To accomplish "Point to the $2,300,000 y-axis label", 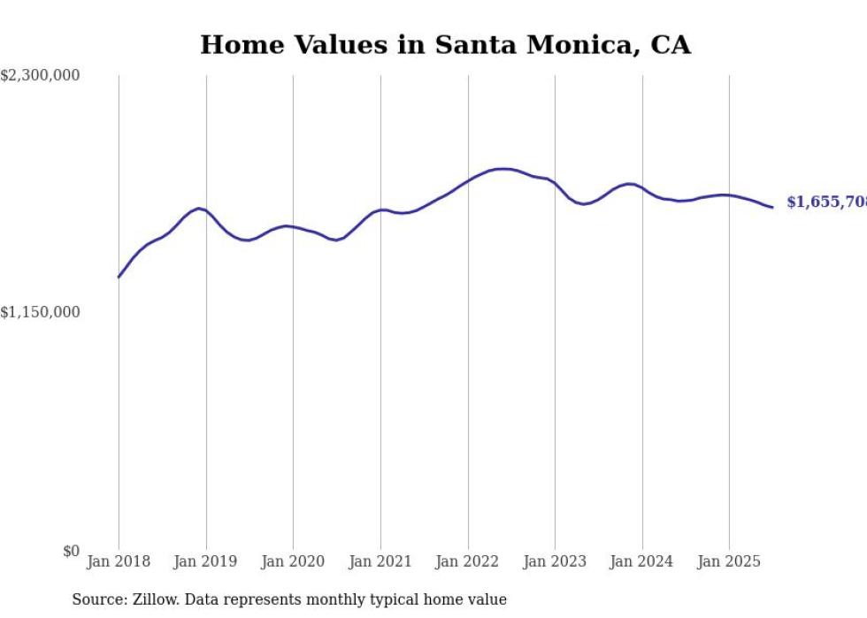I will point(41,76).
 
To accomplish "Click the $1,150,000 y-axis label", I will point(41,312).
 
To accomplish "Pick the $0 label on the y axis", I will point(71,551).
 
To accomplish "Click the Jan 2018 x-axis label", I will point(119,561).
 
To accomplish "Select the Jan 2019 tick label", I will point(206,561).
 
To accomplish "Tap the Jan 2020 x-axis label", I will point(293,561).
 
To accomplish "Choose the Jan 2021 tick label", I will point(380,561).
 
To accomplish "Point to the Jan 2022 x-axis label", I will point(468,561).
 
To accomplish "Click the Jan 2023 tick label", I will point(555,561).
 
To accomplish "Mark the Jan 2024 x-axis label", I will point(642,561).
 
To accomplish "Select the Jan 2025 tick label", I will point(729,561).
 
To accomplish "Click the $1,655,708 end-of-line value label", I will point(826,202).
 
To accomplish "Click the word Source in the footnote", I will point(96,599).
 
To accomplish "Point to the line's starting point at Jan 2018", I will point(119,278).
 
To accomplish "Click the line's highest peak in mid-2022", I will point(503,168).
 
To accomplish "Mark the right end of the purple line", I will point(772,208).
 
